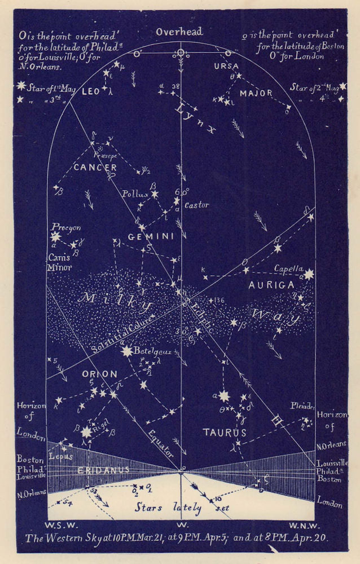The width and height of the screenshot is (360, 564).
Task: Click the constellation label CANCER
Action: coord(94,168)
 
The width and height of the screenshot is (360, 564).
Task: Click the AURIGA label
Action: coord(271,285)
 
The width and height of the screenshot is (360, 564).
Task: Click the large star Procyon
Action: coord(55,237)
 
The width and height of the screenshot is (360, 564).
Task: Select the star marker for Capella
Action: coord(309,275)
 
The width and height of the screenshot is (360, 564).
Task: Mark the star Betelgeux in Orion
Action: coord(126,351)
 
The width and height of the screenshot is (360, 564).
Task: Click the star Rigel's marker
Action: coord(86,433)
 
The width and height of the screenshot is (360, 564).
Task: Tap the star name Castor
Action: coord(196,205)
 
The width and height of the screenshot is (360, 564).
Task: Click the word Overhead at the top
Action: coord(179,32)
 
